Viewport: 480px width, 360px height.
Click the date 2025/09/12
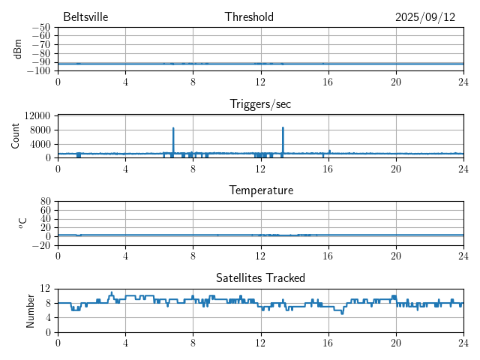pyautogui.click(x=425, y=17)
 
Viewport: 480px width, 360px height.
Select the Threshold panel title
pyautogui.click(x=249, y=17)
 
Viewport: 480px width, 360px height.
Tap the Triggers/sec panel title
pyautogui.click(x=260, y=104)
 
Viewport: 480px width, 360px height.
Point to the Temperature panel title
pyautogui.click(x=261, y=190)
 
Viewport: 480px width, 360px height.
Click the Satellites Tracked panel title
pyautogui.click(x=260, y=277)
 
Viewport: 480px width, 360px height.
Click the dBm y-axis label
pyautogui.click(x=18, y=49)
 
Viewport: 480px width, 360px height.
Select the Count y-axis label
pyautogui.click(x=16, y=136)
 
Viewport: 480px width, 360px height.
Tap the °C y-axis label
pyautogui.click(x=23, y=223)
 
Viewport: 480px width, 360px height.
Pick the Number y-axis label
pyautogui.click(x=31, y=310)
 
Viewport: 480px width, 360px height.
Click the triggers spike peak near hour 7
pyautogui.click(x=173, y=128)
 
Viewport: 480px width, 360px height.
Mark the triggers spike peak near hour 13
pyautogui.click(x=283, y=127)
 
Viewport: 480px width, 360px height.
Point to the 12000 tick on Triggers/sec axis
pyautogui.click(x=37, y=115)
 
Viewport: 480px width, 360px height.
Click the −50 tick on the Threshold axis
pyautogui.click(x=40, y=28)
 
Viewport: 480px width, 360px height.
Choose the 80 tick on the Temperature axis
pyautogui.click(x=46, y=202)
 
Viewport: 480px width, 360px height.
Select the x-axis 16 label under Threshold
pyautogui.click(x=328, y=81)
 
